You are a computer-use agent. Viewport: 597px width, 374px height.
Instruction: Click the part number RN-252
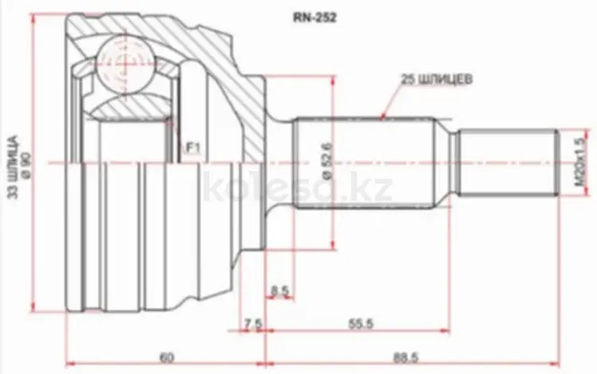pos(314,18)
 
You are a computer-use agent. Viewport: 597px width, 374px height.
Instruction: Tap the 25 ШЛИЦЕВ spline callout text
pos(436,80)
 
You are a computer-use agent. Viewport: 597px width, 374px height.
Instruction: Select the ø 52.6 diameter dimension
pos(328,161)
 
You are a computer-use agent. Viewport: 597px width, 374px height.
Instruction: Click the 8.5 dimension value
pos(280,291)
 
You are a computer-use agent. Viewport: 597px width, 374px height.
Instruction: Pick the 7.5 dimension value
pos(253,324)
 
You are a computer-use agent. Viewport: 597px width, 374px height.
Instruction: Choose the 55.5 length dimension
pos(361,324)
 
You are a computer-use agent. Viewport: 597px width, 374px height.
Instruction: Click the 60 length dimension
pos(166,357)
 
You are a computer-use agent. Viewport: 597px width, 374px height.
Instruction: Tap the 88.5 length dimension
pos(405,357)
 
